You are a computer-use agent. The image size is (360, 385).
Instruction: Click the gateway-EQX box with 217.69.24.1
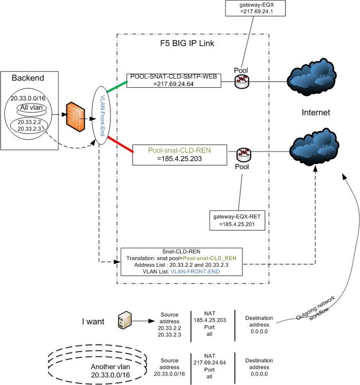point(250,9)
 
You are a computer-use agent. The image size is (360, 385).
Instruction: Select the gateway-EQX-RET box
point(237,221)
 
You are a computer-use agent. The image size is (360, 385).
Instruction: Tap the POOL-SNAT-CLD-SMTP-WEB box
point(174,81)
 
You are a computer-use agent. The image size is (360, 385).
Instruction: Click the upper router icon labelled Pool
point(241,81)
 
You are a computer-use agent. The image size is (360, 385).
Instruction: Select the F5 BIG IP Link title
point(187,44)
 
